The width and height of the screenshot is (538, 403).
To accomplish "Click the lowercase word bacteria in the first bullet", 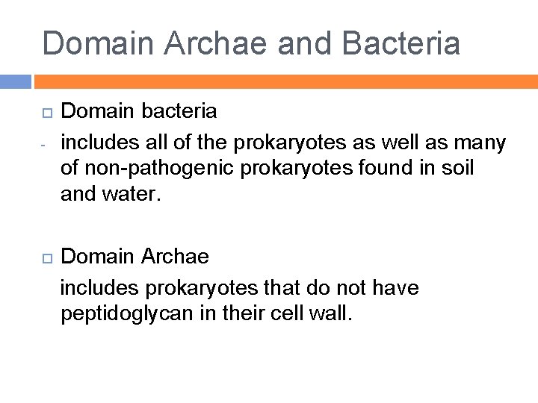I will point(179,112).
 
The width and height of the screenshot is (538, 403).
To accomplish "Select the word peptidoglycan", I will point(126,313).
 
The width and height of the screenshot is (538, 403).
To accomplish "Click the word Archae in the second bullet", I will point(174,257).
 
